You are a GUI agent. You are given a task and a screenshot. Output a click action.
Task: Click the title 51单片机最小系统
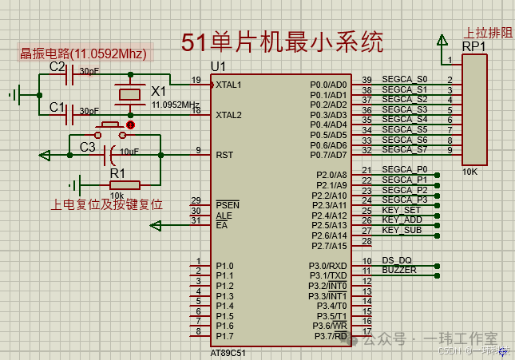point(282,42)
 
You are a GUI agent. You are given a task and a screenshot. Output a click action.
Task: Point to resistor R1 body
point(124,184)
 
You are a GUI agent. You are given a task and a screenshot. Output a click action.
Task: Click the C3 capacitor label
point(87,148)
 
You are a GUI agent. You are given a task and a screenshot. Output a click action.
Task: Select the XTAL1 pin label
point(228,84)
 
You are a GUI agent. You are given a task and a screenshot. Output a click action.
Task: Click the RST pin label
point(224,154)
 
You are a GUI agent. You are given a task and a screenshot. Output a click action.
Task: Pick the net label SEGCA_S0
point(405,79)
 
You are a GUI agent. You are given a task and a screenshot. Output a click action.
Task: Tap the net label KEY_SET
point(402,210)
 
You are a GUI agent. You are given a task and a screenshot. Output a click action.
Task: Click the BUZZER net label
point(399,270)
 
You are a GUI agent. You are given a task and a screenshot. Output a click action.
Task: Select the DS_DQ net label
point(397,260)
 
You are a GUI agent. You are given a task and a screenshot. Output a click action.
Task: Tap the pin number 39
point(366,80)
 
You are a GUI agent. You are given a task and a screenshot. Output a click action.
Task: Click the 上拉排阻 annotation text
point(489,33)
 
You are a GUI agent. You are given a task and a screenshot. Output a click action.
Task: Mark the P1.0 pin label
point(224,266)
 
